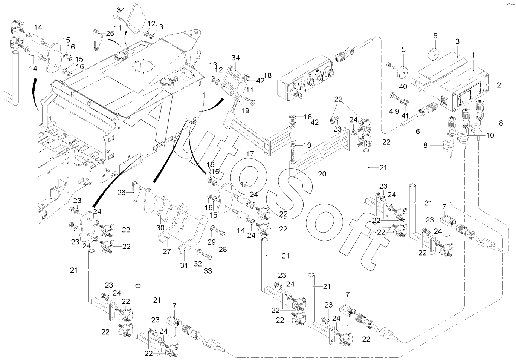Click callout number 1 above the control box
[473, 55]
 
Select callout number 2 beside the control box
[498, 85]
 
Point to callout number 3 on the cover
[457, 41]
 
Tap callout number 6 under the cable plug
[417, 132]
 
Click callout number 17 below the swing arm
[250, 154]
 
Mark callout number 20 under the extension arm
[322, 174]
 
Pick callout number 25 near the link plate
[110, 34]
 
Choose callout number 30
[160, 228]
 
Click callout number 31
[183, 265]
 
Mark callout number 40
[403, 87]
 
